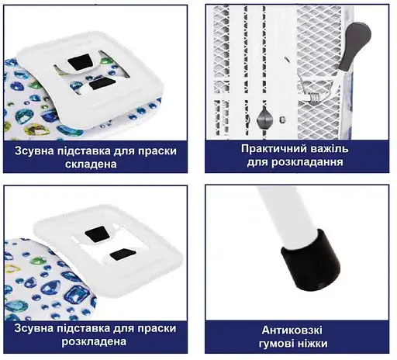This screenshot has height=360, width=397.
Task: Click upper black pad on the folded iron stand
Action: (x=79, y=61)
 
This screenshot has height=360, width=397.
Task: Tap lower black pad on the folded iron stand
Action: (x=101, y=86)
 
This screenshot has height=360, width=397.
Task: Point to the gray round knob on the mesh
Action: (x=262, y=118)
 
